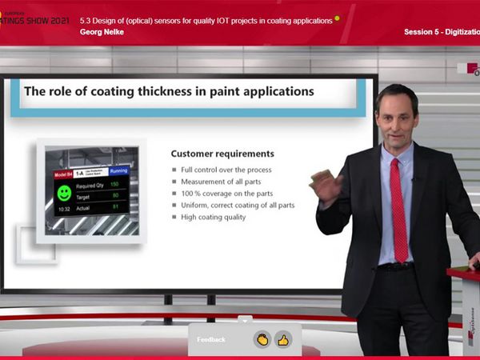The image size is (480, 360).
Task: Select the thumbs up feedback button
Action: tap(282, 339)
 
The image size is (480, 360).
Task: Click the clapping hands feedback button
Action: tap(262, 339)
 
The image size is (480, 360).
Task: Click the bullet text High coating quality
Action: tap(214, 217)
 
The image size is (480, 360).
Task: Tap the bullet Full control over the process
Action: tap(226, 170)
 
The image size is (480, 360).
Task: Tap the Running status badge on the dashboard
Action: tap(118, 170)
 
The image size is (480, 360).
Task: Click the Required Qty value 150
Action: tap(114, 185)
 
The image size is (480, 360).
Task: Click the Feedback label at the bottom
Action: tap(211, 339)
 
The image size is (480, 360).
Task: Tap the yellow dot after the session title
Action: tap(337, 18)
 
